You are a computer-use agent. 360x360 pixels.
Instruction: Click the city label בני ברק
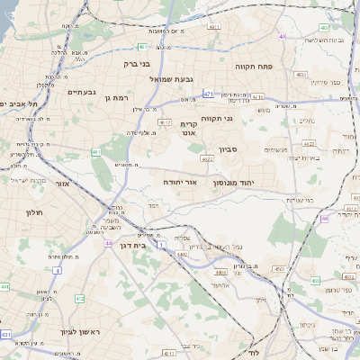(138, 65)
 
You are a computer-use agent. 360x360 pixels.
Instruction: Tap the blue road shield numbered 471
(208, 94)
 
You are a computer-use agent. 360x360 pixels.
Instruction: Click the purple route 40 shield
(282, 37)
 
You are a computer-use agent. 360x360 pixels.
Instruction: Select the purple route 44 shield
(108, 244)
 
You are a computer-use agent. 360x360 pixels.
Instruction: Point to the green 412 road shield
(79, 298)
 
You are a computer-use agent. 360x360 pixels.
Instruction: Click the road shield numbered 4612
(164, 121)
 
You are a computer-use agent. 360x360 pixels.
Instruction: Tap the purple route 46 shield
(323, 219)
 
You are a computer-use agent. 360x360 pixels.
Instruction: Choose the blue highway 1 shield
(160, 245)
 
